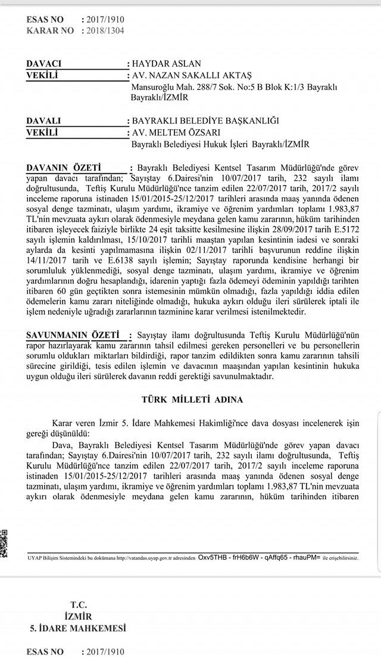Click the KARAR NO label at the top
50,30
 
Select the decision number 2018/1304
105,30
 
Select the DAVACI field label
43,64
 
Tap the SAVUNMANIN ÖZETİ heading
73,336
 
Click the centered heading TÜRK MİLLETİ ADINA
192,399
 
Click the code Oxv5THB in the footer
212,557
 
